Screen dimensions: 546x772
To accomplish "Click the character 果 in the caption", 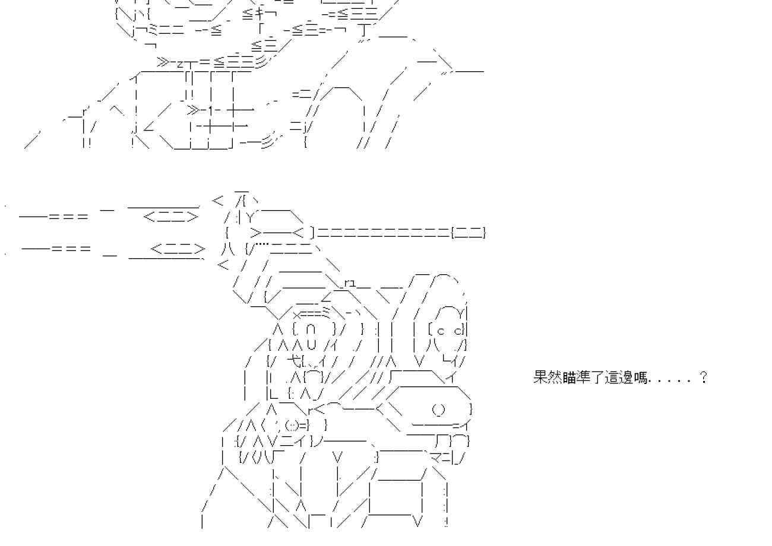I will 540,377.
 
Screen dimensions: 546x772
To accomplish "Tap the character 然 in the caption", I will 555,377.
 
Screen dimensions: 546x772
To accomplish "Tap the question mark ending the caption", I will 704,377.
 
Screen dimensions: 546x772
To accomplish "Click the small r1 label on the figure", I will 349,282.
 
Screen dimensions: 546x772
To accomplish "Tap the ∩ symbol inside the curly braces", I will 313,328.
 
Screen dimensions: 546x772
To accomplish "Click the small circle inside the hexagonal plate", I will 438,409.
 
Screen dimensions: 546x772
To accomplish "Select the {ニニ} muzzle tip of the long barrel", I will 469,233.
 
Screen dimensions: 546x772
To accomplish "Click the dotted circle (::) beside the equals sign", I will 292,425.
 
